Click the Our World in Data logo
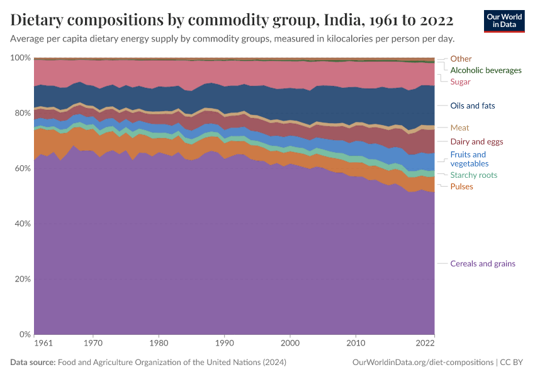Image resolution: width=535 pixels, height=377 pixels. coord(504,21)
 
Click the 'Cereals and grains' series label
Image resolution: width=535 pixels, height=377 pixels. coord(482,264)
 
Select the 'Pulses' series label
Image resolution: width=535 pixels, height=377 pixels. coord(461,187)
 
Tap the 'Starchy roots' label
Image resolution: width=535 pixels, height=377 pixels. coord(473,175)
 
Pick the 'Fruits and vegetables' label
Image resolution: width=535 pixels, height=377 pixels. coord(468,159)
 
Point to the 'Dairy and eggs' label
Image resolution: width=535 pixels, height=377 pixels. coord(476,141)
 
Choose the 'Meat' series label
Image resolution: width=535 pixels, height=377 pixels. coord(459,128)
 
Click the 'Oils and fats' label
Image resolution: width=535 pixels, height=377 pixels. coord(473,106)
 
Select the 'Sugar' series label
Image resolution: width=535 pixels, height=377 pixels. coord(460,82)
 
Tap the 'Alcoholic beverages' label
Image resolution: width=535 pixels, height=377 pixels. coord(486,70)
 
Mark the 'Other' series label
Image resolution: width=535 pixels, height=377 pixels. coord(461,59)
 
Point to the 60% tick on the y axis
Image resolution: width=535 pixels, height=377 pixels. coord(21,168)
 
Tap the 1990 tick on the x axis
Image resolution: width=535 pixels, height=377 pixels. coord(224,344)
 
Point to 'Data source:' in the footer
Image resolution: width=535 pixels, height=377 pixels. coord(33,363)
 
